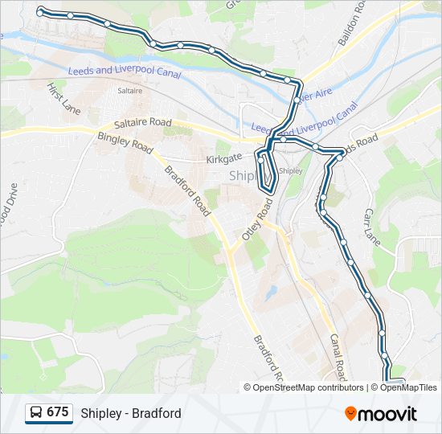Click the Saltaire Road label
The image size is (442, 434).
click(x=142, y=122)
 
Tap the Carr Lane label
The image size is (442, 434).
click(x=371, y=228)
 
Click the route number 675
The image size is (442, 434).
click(x=57, y=412)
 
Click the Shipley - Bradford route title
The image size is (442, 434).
click(x=131, y=413)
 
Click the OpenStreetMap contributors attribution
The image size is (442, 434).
click(x=304, y=387)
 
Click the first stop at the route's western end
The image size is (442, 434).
click(x=39, y=13)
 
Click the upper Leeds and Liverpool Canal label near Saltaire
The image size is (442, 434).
click(x=124, y=72)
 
